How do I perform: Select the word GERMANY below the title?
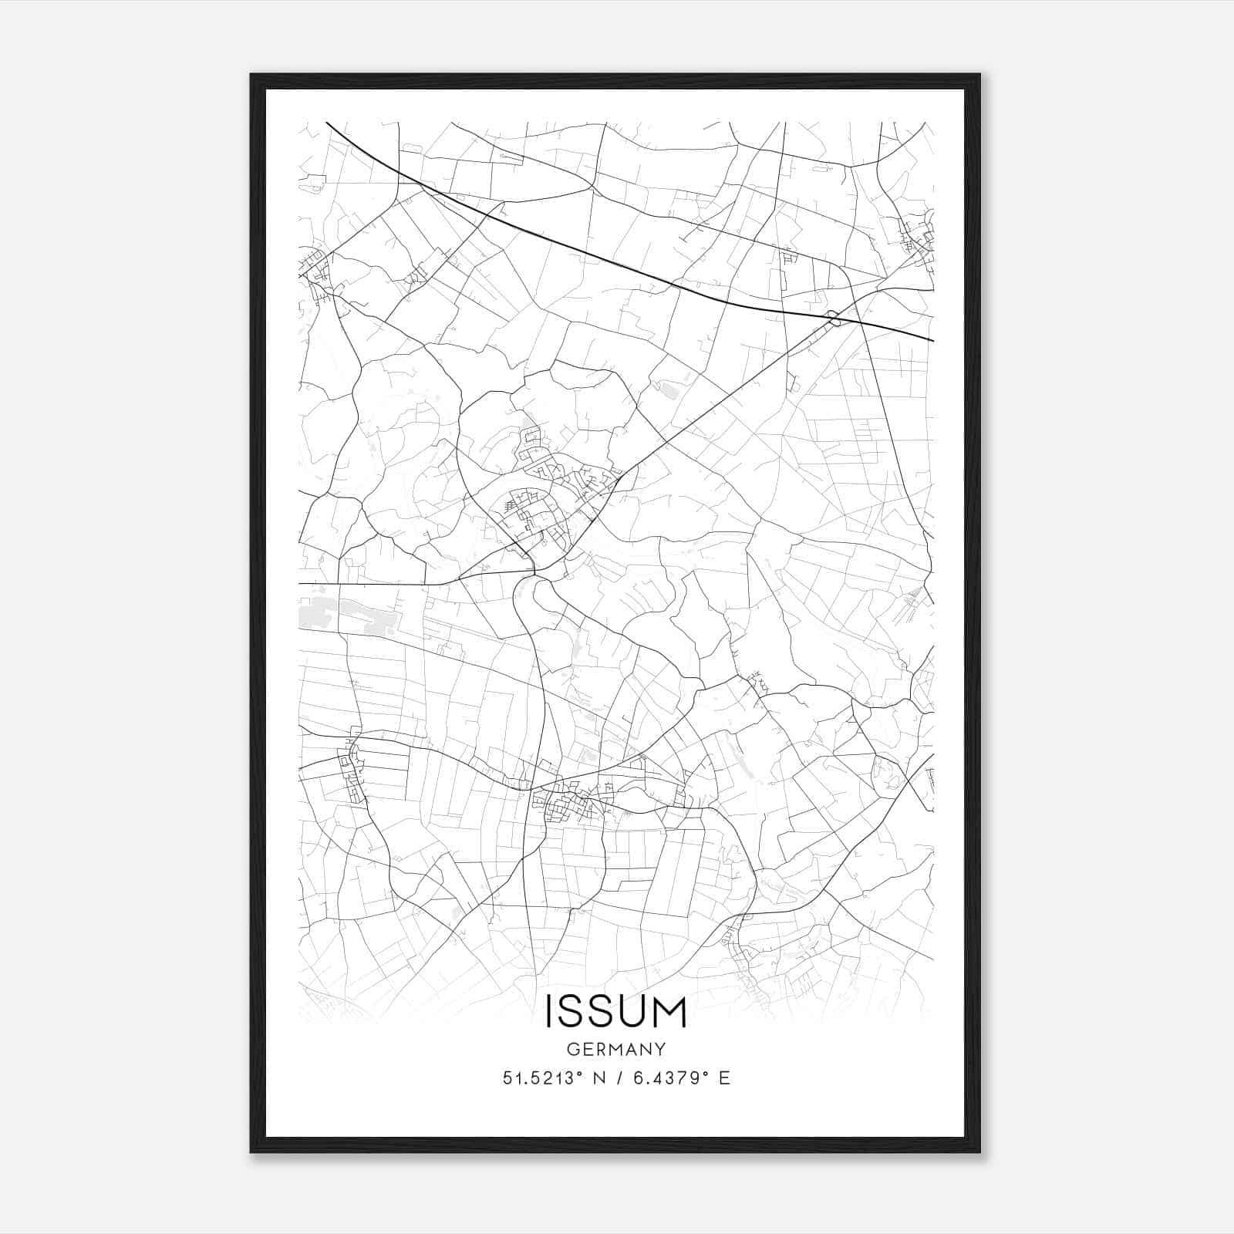616,1050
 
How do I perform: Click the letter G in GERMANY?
572,1050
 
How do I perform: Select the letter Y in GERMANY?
660,1050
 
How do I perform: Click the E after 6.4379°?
724,1078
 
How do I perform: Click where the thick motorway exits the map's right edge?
932,340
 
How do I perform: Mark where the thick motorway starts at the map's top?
327,123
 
